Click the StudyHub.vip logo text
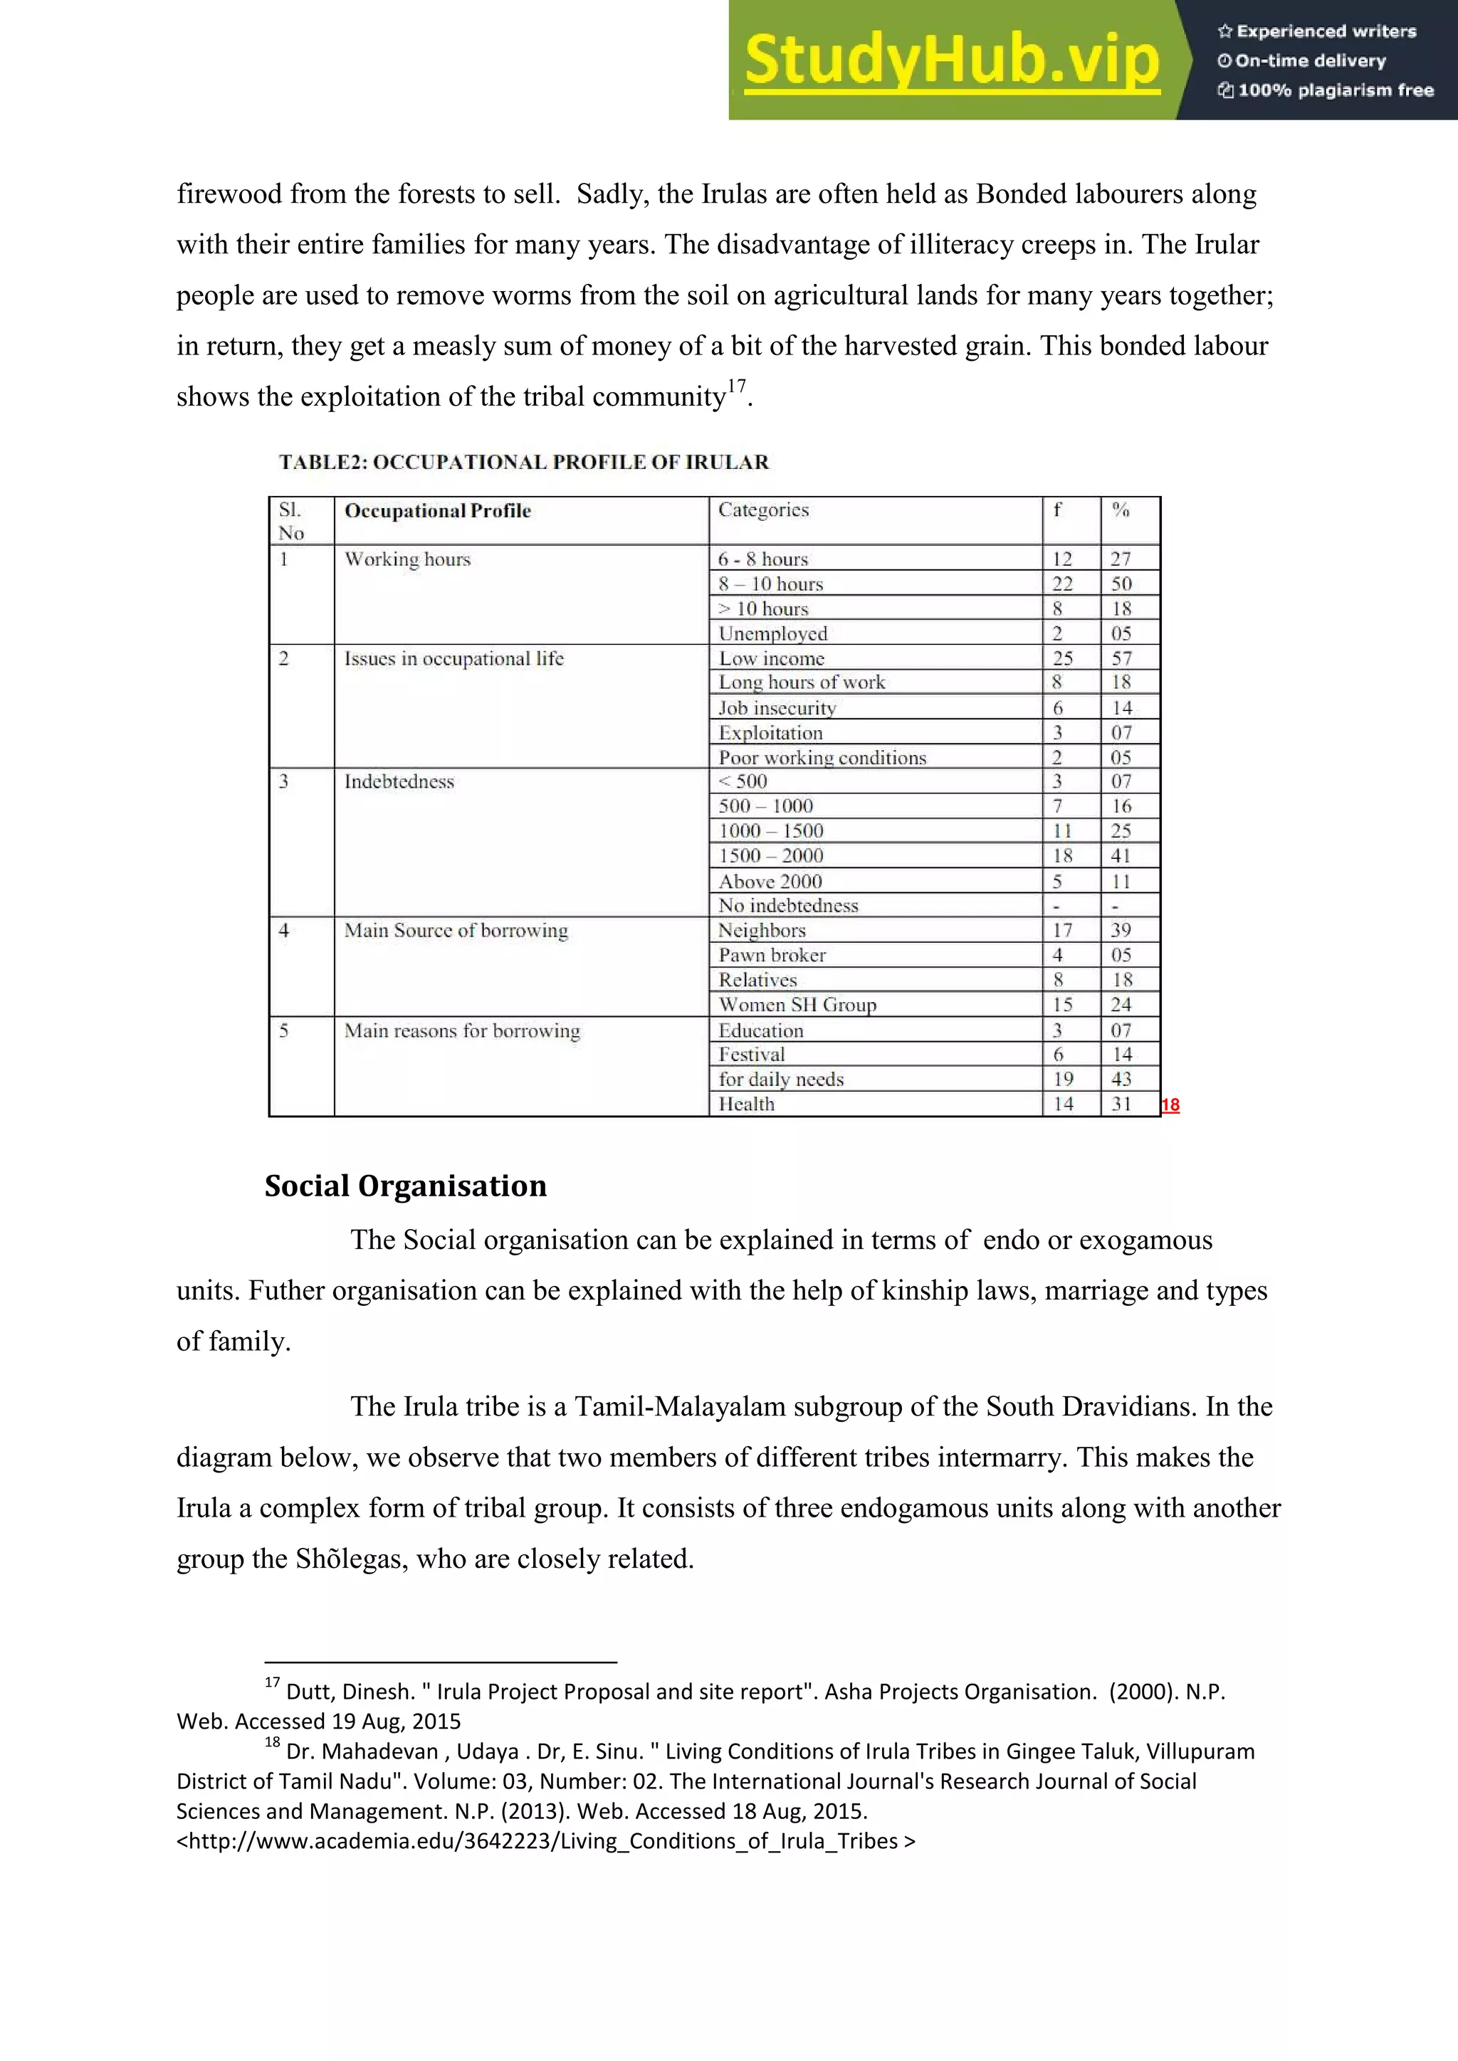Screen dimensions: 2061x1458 (x=952, y=60)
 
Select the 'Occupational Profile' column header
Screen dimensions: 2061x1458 (x=437, y=511)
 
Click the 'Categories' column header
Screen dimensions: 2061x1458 (x=763, y=510)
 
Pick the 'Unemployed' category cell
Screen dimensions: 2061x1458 (x=772, y=633)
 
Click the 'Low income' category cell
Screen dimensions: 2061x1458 (x=771, y=658)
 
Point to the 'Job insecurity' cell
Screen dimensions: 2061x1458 (x=777, y=708)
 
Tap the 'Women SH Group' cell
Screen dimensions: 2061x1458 (x=797, y=1004)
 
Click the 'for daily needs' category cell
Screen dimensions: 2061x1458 (x=780, y=1079)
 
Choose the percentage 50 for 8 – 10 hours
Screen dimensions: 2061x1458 (x=1121, y=584)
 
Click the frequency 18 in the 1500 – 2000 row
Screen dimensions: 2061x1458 (x=1062, y=856)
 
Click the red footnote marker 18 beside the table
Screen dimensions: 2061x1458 (x=1170, y=1105)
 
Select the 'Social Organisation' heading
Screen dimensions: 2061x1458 (x=405, y=1186)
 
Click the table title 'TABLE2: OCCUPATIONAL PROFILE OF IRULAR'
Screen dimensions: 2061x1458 (x=523, y=463)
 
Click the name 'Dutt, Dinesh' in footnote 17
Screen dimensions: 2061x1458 (x=350, y=1692)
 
